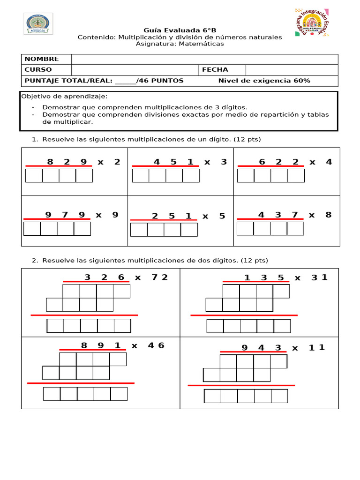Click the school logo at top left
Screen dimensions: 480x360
tap(38, 23)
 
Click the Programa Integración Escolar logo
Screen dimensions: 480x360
tap(311, 22)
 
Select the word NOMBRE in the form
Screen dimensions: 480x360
tap(42, 59)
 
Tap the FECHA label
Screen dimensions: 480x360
tap(215, 70)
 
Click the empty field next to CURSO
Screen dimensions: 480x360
tap(135, 70)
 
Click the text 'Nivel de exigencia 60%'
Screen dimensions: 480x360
tap(264, 81)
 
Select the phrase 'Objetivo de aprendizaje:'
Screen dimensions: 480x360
tap(64, 97)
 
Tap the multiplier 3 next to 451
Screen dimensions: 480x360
tap(224, 162)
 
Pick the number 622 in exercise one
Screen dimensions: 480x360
tap(278, 162)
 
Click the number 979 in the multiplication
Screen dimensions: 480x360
tap(65, 215)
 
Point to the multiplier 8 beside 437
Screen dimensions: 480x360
tap(328, 215)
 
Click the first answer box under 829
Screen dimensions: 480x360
tap(34, 176)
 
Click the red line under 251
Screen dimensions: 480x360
tap(164, 220)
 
